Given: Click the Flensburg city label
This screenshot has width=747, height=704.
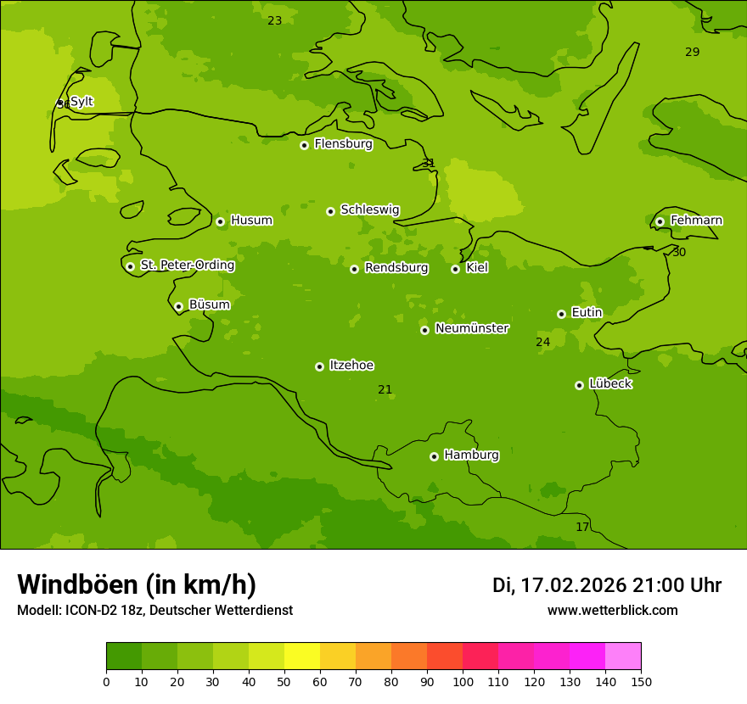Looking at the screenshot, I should (x=343, y=144).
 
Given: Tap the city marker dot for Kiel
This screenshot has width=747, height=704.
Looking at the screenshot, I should (x=455, y=269).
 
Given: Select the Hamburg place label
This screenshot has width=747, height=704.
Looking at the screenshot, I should (x=471, y=455).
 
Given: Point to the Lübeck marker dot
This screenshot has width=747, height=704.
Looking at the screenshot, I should (x=579, y=385).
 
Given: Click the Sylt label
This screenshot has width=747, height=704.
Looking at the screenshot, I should (x=81, y=102).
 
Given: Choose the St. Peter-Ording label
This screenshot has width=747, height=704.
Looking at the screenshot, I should (x=187, y=265).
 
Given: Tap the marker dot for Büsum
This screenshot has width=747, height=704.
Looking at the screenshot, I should (x=178, y=306).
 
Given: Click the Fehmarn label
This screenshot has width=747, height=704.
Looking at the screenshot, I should (x=696, y=221).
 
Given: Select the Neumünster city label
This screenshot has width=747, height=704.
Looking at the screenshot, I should (x=472, y=328).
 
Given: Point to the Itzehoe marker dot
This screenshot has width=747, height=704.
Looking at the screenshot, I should (x=319, y=366).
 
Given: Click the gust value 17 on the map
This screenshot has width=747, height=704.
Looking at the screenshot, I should (x=582, y=527).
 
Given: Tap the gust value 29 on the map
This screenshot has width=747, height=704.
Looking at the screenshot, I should (x=693, y=52).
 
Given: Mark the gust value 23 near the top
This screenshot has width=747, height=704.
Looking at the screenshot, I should (x=275, y=20).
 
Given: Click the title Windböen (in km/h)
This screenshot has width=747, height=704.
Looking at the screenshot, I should (x=137, y=584).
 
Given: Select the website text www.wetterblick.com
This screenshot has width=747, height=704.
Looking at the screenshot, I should (x=612, y=611).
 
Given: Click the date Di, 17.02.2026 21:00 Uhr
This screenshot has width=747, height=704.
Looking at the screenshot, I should (x=607, y=585).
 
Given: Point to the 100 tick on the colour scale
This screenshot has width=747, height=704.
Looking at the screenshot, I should (x=463, y=681).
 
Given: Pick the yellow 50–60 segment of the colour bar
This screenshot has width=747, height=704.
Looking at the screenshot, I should (x=302, y=657).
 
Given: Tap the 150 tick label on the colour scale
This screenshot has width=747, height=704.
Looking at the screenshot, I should (x=640, y=681).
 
